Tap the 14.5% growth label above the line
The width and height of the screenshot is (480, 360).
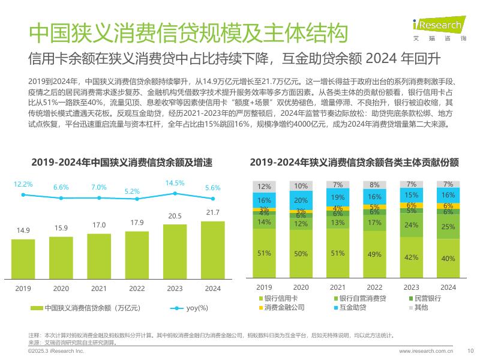tap(175, 183)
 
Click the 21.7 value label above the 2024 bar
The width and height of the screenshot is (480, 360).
tap(212, 212)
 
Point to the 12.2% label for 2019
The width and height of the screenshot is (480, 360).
tap(23, 184)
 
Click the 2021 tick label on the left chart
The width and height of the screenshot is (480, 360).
tap(99, 288)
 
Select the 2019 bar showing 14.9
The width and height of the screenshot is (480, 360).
tap(23, 255)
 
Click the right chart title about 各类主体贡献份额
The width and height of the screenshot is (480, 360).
tap(355, 163)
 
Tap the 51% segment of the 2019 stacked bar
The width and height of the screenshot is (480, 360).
tap(264, 253)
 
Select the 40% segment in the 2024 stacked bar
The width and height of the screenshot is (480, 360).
tap(448, 259)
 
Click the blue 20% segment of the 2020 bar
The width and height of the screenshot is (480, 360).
tap(301, 200)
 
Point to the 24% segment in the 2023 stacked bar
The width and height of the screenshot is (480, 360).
tap(411, 226)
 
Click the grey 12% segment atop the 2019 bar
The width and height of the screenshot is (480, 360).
tap(264, 186)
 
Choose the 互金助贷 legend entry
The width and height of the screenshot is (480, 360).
tap(351, 308)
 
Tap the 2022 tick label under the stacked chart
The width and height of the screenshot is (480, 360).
tap(374, 287)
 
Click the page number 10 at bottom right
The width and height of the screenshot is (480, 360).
tap(470, 351)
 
